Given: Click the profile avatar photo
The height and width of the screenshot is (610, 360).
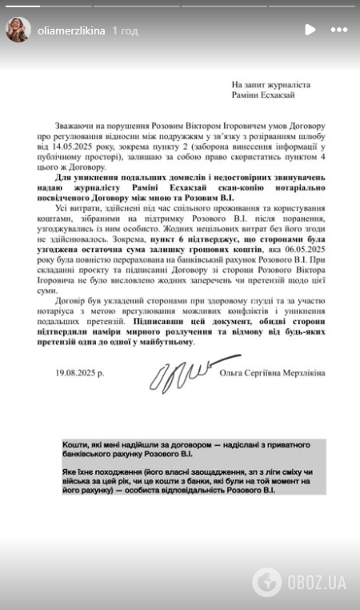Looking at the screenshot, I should click(x=18, y=30).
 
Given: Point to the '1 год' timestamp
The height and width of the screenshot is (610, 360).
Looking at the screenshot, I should click(x=125, y=30).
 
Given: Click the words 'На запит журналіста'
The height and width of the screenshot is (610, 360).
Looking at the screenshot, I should click(x=270, y=84).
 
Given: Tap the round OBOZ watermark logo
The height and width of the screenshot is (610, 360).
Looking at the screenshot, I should click(x=267, y=580).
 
